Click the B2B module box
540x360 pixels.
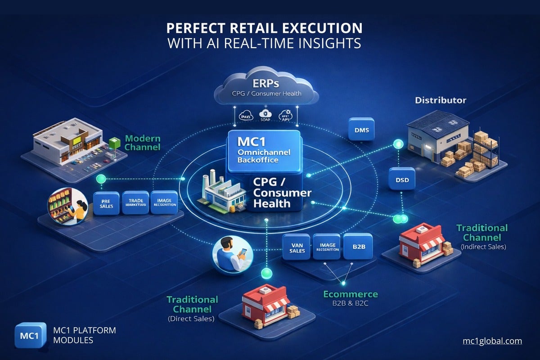coord(357,247)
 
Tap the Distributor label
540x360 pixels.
coord(440,100)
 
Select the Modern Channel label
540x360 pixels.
coord(142,143)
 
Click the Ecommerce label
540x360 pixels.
coord(351,294)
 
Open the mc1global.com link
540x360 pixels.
coord(492,341)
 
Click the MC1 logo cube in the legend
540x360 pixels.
coord(30,335)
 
